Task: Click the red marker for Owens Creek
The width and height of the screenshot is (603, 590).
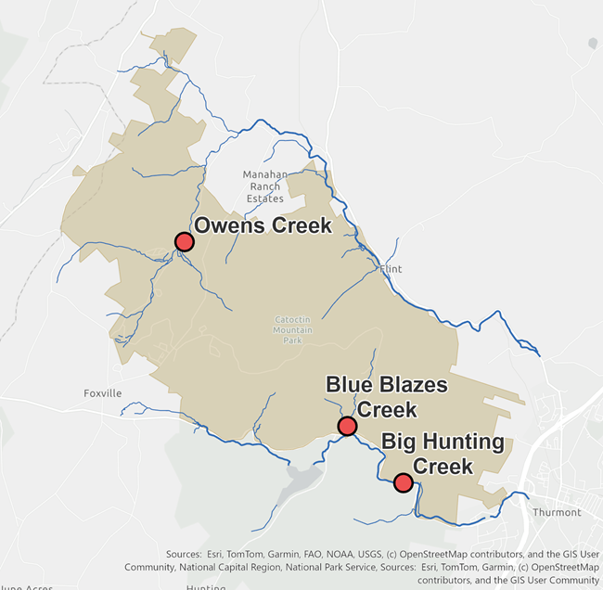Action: click(x=184, y=242)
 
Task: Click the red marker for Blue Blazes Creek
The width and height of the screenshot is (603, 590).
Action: click(x=347, y=426)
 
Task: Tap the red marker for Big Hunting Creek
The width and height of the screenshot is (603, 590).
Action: click(x=403, y=482)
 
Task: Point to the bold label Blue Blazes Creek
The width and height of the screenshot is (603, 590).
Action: click(x=386, y=396)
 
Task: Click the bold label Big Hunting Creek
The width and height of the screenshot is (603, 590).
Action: click(x=443, y=454)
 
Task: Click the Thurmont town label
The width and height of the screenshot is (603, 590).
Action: click(x=557, y=512)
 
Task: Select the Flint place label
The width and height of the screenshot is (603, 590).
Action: click(x=391, y=269)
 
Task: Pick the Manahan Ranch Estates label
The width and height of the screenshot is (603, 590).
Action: click(x=264, y=186)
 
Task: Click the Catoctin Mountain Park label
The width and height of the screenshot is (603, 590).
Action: click(x=294, y=329)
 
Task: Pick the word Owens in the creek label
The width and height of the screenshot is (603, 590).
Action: click(x=226, y=225)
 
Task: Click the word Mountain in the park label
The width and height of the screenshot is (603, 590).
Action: click(x=294, y=329)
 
